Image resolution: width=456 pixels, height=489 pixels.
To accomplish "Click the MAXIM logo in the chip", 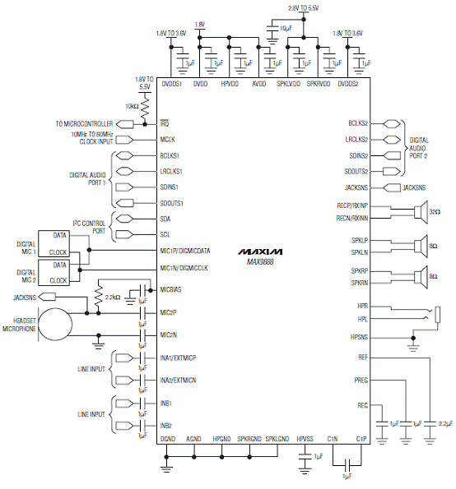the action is tap(260, 251).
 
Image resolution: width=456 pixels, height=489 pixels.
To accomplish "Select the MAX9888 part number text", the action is tap(260, 262).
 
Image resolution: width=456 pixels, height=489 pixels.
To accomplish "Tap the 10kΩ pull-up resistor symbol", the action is tap(145, 107).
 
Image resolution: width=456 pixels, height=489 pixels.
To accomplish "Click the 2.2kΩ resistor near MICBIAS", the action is tap(99, 296).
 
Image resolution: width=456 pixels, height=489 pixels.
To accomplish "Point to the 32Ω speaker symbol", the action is tap(421, 212).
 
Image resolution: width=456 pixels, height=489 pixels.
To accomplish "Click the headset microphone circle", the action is tap(55, 325).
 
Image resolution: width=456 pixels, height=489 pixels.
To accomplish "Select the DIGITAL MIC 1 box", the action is tap(54, 244).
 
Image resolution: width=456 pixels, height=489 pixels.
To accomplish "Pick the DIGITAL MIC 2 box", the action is tap(54, 273).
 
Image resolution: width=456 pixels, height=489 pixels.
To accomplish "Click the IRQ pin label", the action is tap(165, 124).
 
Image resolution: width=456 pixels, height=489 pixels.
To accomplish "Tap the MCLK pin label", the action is tap(167, 140).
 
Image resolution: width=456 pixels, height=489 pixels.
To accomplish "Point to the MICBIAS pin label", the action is tap(170, 290).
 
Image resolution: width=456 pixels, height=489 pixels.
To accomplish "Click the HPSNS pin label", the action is tap(359, 338).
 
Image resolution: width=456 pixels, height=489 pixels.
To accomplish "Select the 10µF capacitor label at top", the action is tap(286, 29).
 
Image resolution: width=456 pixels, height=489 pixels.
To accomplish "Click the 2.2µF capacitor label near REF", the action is tap(445, 424).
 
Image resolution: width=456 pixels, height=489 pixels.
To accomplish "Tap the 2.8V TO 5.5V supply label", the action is tap(303, 8).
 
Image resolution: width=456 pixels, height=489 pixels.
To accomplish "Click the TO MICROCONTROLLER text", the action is tap(84, 124).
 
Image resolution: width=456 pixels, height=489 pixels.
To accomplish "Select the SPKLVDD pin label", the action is tap(288, 84).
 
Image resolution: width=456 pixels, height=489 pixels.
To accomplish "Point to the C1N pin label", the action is tap(333, 439).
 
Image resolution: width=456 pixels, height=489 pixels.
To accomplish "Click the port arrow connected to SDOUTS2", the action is tap(392, 172).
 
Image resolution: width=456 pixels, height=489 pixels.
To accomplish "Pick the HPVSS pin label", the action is tap(305, 439).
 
